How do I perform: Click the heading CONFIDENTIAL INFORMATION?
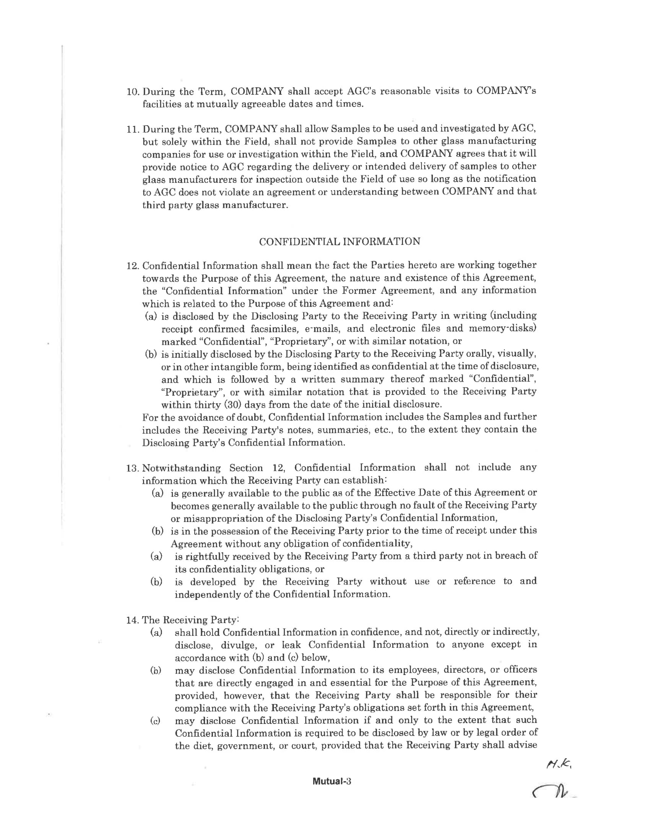click(339, 242)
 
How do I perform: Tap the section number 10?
click(132, 92)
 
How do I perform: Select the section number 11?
click(132, 129)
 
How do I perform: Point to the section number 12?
click(132, 266)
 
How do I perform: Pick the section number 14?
click(132, 620)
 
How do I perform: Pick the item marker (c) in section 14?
click(156, 721)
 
